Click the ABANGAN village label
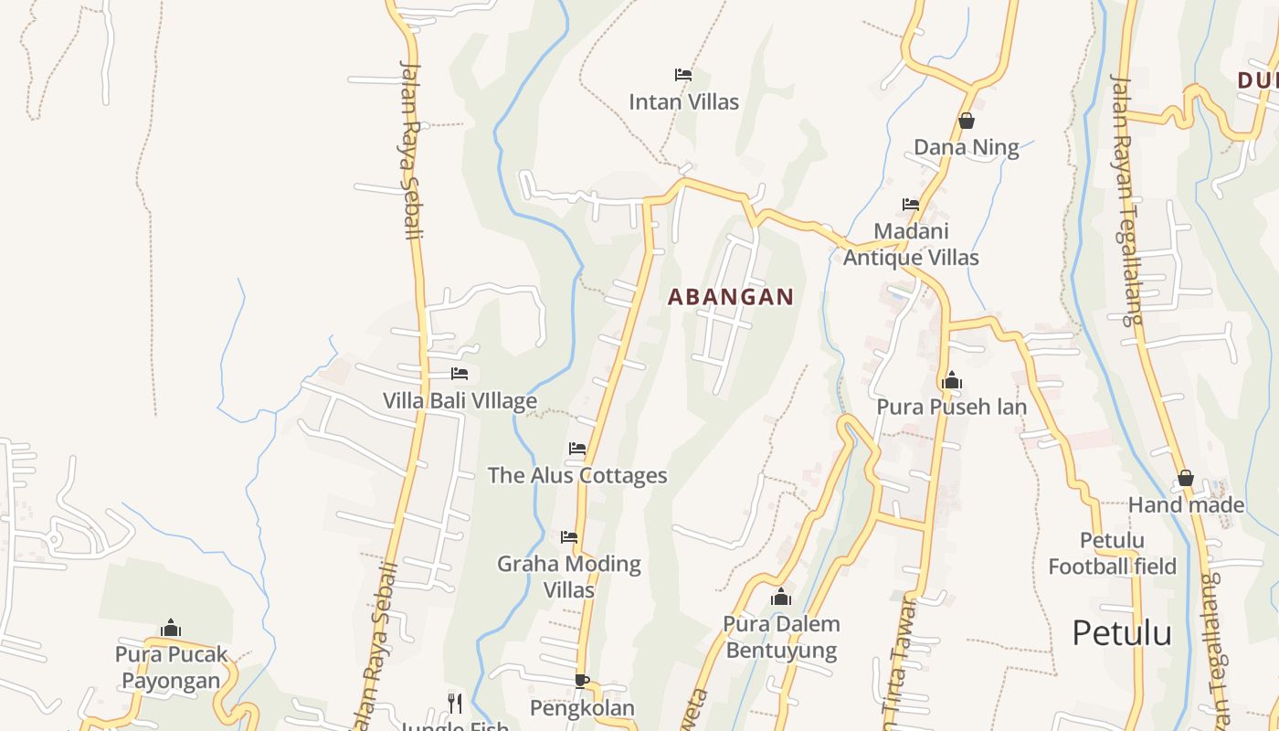click(x=731, y=297)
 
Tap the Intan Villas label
click(x=683, y=101)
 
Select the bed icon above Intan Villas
click(x=682, y=74)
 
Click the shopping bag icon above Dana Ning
click(x=967, y=121)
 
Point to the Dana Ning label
click(x=967, y=147)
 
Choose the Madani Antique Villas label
click(x=911, y=244)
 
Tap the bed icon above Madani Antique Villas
click(x=911, y=205)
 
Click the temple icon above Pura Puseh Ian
click(x=951, y=380)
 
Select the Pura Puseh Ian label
click(x=951, y=407)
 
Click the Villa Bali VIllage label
click(x=460, y=400)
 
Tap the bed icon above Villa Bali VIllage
click(x=460, y=374)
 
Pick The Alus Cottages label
click(x=577, y=475)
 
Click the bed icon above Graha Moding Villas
click(x=569, y=536)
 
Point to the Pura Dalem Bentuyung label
click(x=781, y=637)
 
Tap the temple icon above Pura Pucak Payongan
click(x=171, y=628)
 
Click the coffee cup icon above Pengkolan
click(x=582, y=681)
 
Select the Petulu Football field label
click(x=1112, y=553)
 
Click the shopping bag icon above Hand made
click(x=1186, y=478)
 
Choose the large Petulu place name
click(x=1122, y=632)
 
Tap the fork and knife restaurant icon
click(x=454, y=703)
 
